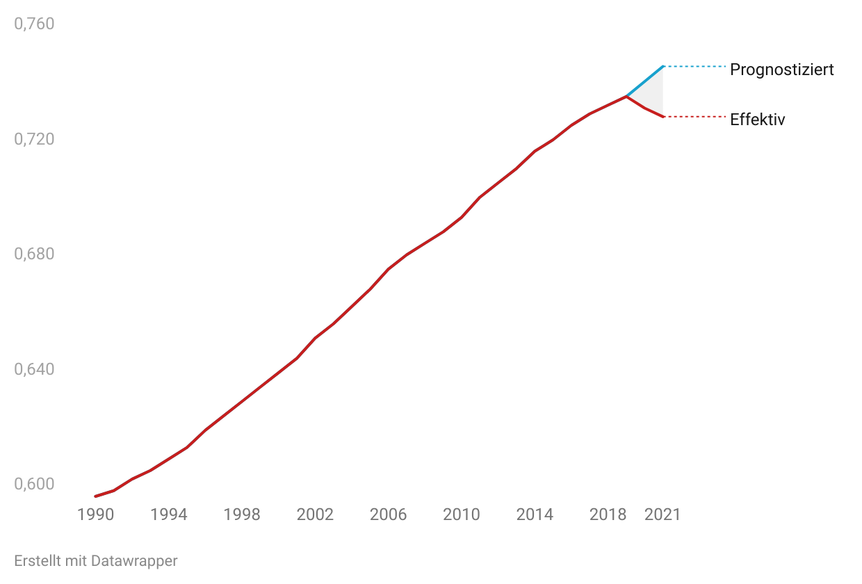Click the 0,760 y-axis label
(x=34, y=24)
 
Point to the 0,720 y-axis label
(x=34, y=139)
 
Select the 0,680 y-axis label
(x=34, y=254)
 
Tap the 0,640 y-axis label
(x=34, y=369)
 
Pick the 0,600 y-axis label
(x=34, y=484)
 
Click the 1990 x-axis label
(x=95, y=514)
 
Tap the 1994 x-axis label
(x=168, y=514)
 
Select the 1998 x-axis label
(x=242, y=514)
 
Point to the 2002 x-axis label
(x=315, y=514)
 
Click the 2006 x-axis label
(x=388, y=514)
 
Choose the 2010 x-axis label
(x=462, y=514)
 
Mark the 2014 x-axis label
(x=535, y=514)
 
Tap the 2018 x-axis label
(x=608, y=514)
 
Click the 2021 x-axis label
(x=662, y=514)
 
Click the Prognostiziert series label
(x=782, y=70)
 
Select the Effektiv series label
(x=757, y=120)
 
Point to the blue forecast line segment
(x=645, y=81)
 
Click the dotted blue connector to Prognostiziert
(x=695, y=67)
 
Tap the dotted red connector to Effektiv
(x=695, y=116)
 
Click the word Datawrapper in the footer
(x=134, y=561)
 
